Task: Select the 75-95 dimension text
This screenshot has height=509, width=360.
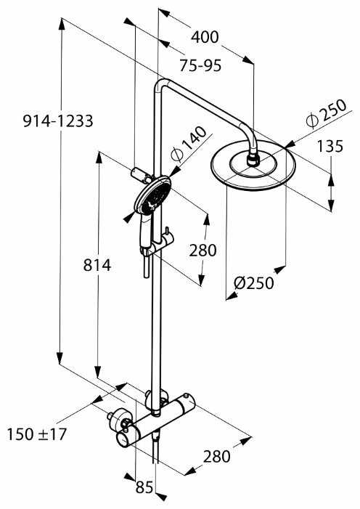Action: [200, 65]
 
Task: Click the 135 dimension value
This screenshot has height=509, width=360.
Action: [330, 146]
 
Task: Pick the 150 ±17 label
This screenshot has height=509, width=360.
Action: [36, 434]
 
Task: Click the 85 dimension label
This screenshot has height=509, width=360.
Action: [144, 487]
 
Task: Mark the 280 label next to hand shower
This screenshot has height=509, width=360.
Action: [202, 251]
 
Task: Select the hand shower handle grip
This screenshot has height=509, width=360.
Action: [142, 232]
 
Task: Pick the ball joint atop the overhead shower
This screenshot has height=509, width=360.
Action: [253, 158]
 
